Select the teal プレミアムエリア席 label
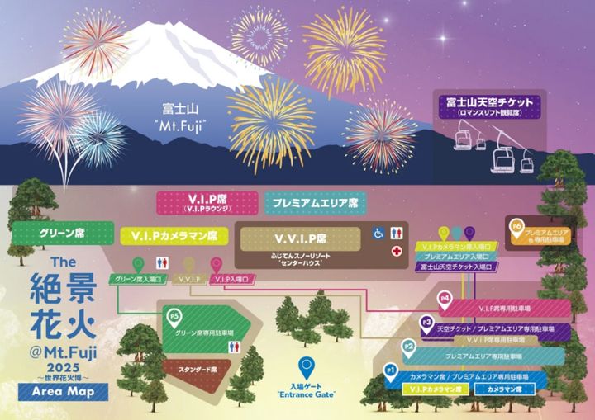(x=312, y=201)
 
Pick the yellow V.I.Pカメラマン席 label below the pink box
(x=174, y=235)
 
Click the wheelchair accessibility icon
(x=379, y=233)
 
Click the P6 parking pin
(x=518, y=226)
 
